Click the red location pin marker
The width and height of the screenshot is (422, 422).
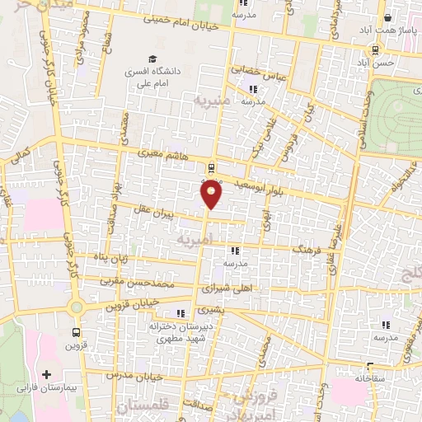[212, 194]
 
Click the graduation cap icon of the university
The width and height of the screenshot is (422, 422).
[152, 59]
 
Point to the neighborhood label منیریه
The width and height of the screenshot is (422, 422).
[208, 101]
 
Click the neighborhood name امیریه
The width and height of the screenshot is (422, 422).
[195, 237]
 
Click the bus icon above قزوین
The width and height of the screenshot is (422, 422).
[76, 333]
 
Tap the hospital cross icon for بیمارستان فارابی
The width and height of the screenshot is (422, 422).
[57, 374]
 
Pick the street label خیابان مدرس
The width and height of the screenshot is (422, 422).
[135, 374]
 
